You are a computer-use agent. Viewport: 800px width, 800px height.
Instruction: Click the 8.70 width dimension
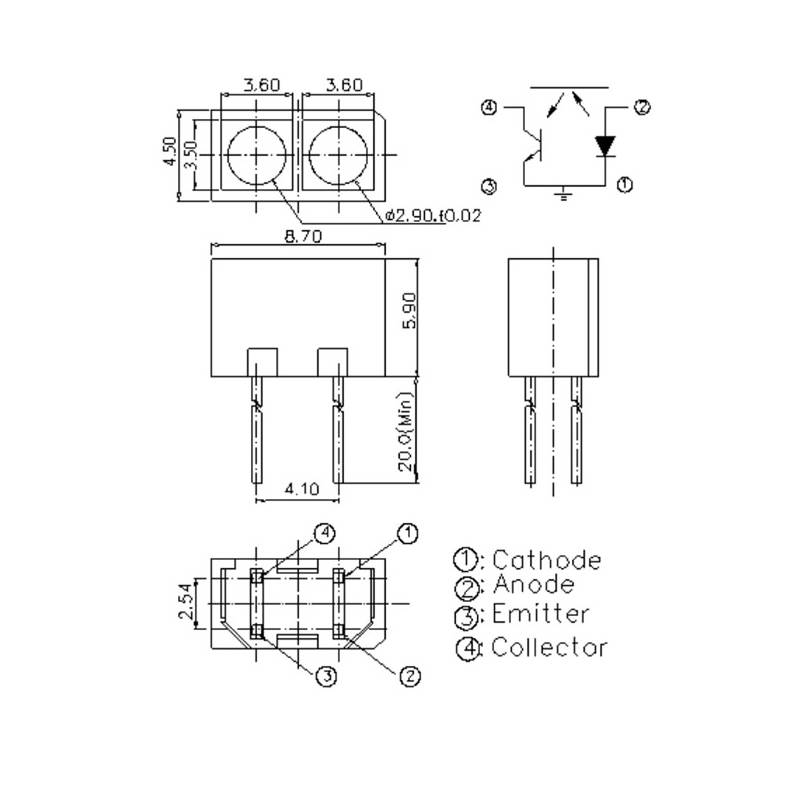(303, 236)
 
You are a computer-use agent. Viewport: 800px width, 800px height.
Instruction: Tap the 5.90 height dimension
(409, 310)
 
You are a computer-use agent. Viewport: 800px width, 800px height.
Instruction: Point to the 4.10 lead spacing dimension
(302, 489)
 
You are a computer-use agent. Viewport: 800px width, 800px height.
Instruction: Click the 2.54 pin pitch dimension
(186, 601)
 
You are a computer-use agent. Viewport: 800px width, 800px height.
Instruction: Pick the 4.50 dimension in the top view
(169, 151)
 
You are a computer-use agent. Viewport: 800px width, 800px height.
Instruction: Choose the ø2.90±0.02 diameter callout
(433, 216)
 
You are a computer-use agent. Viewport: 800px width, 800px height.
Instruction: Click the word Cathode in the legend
(546, 560)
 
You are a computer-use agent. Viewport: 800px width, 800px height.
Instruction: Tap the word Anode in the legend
(533, 585)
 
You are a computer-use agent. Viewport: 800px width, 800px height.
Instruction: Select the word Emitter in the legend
(540, 614)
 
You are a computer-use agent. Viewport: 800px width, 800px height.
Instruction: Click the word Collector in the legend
(549, 647)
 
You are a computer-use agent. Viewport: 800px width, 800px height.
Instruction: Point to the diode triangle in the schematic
(606, 146)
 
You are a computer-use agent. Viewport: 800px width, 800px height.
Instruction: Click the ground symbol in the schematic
(563, 194)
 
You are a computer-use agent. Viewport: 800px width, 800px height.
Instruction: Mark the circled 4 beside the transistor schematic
(489, 108)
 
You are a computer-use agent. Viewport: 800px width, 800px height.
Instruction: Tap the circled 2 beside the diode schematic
(642, 107)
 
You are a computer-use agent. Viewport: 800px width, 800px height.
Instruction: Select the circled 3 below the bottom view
(327, 676)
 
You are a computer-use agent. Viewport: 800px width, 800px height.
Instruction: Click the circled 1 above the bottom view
(408, 534)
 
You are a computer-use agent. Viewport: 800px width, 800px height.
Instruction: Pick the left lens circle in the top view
(257, 155)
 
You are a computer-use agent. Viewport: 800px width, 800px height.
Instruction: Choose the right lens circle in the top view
(338, 155)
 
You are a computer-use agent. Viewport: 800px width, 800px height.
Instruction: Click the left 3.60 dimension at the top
(262, 85)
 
